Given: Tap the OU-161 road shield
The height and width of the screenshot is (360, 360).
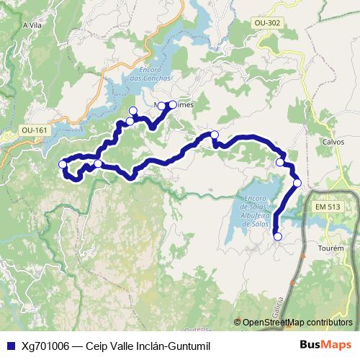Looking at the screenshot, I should click(x=34, y=130).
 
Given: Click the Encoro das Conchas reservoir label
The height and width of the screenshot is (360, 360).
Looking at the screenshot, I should click(x=150, y=74).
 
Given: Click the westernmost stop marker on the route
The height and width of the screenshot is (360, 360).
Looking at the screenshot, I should click(x=63, y=165).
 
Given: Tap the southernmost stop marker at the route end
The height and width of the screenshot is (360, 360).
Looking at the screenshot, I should click(x=278, y=236).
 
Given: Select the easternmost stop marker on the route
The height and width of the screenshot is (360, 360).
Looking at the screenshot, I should click(x=297, y=184).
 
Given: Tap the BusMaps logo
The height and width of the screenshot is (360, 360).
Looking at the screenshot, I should click(x=325, y=344).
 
